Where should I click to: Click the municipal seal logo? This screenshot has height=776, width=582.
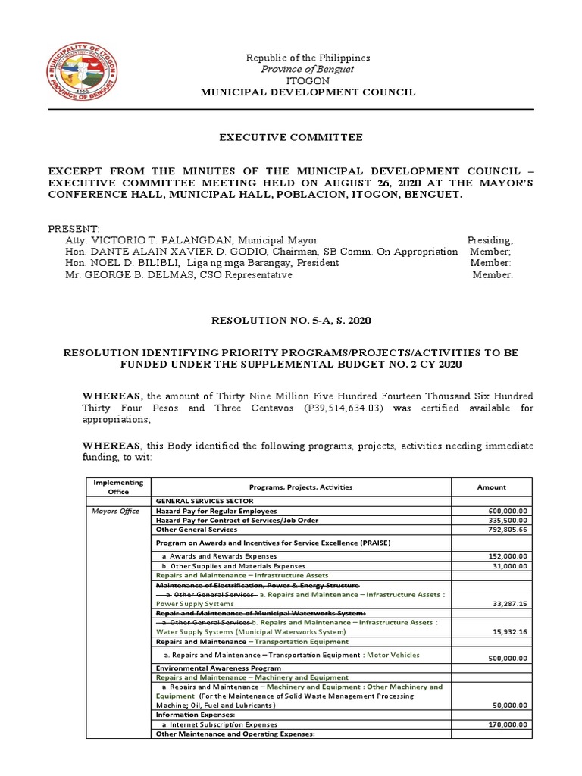(x=85, y=75)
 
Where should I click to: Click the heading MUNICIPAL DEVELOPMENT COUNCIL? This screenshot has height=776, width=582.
(x=307, y=92)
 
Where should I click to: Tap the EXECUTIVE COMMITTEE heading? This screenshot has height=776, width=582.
(x=291, y=137)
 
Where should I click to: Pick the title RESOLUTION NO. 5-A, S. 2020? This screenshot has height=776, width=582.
(x=291, y=321)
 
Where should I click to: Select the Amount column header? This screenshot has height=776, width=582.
(x=491, y=487)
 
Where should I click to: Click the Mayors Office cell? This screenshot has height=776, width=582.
(x=115, y=511)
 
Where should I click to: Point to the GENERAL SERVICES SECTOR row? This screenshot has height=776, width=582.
(x=204, y=501)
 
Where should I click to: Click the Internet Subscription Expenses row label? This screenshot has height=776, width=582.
(x=220, y=724)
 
